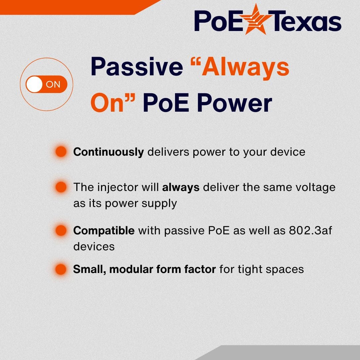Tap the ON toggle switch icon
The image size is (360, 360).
[46, 84]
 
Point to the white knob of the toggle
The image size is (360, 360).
[34, 84]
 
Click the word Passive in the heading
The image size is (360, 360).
[137, 67]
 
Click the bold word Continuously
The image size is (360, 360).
[108, 152]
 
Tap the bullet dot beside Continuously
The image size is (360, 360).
[61, 152]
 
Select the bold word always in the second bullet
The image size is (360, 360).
[181, 187]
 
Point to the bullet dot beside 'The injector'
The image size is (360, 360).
[61, 187]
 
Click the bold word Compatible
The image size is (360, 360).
[104, 231]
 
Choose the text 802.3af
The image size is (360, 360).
[311, 230]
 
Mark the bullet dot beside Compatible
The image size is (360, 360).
[61, 230]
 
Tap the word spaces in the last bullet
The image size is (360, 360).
[287, 269]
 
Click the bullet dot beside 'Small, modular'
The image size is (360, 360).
[61, 269]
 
